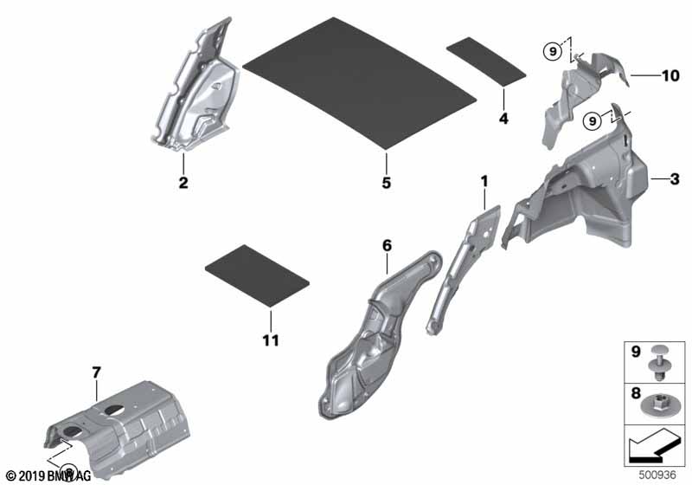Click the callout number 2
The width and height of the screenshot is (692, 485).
tap(183, 182)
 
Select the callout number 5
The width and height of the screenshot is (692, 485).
tap(386, 182)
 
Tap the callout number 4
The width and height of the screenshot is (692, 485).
tap(503, 118)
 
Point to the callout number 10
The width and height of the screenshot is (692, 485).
tap(670, 75)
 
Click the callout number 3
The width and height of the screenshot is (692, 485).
tap(675, 179)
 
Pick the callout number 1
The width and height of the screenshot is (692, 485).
tap(484, 181)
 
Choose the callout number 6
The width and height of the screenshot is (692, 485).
tap(387, 245)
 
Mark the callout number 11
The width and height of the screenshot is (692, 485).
tap(271, 340)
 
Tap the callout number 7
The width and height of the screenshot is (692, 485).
tap(97, 372)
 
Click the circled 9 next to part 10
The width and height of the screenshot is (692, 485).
tap(553, 52)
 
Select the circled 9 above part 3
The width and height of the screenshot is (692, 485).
tap(593, 120)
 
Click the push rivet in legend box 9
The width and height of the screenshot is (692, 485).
tap(659, 363)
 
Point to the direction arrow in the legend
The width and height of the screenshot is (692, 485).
tap(654, 446)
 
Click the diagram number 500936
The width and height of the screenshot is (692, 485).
tap(657, 475)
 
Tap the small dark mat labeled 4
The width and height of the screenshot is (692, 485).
tap(486, 61)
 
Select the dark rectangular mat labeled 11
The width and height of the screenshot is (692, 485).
tap(257, 275)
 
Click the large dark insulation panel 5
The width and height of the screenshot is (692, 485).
tap(360, 83)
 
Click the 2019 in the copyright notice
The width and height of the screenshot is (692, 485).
tap(32, 476)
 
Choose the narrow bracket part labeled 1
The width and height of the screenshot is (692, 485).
tap(464, 269)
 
